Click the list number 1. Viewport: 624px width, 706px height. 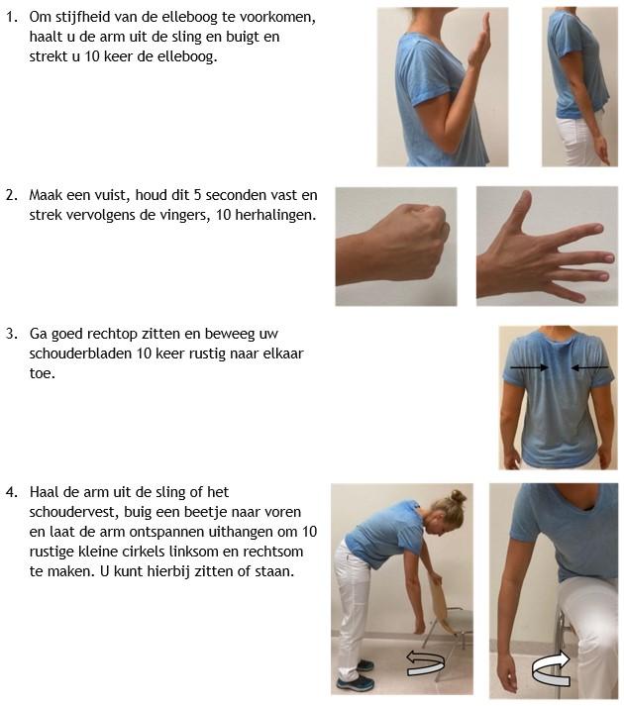click(x=11, y=17)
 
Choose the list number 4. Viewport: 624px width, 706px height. click(x=11, y=492)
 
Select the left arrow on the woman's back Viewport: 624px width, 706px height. click(x=529, y=368)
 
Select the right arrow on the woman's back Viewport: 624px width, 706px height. click(x=589, y=368)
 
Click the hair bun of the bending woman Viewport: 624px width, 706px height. click(x=459, y=497)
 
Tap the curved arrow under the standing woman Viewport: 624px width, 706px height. click(x=425, y=662)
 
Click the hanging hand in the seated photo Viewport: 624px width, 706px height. click(x=506, y=675)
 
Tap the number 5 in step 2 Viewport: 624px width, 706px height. click(x=197, y=195)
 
